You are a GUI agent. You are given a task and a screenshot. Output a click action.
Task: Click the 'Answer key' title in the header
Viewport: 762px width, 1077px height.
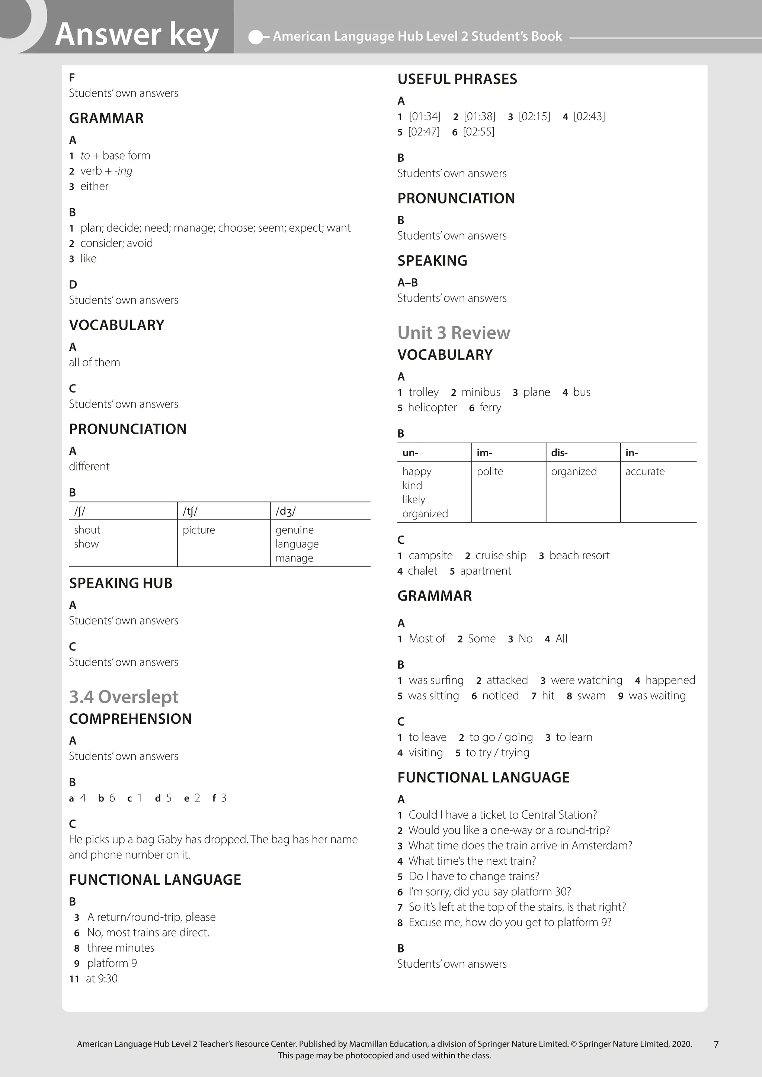pos(137,34)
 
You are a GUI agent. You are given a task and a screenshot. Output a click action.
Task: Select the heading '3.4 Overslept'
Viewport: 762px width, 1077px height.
pos(124,697)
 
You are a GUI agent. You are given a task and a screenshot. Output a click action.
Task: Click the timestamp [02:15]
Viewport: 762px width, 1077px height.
pos(534,116)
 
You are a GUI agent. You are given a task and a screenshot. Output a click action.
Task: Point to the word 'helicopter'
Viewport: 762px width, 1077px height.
pos(432,408)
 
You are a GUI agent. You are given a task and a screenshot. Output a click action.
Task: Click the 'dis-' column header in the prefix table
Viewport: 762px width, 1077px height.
pos(559,453)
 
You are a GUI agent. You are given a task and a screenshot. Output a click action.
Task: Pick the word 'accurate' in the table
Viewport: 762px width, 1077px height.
pos(645,472)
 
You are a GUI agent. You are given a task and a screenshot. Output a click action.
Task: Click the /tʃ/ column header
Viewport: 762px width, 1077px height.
pos(190,511)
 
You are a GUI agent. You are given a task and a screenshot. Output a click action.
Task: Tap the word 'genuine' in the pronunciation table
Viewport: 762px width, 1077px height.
pos(294,530)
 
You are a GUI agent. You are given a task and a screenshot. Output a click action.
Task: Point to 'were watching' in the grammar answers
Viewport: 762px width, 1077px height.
pos(586,680)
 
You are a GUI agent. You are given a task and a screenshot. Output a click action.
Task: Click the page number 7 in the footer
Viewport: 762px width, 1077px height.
pos(715,1044)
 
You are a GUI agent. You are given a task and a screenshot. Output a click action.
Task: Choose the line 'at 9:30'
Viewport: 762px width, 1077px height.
pos(101,978)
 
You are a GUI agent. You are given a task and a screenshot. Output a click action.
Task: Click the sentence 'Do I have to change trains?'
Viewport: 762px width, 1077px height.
pos(473,876)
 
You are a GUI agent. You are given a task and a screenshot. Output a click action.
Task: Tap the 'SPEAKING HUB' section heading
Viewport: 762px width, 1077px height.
pos(121,583)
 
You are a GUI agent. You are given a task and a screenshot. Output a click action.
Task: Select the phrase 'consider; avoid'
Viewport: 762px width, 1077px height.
pos(116,243)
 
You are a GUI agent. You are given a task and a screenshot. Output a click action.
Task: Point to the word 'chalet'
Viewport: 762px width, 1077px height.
pos(422,571)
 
